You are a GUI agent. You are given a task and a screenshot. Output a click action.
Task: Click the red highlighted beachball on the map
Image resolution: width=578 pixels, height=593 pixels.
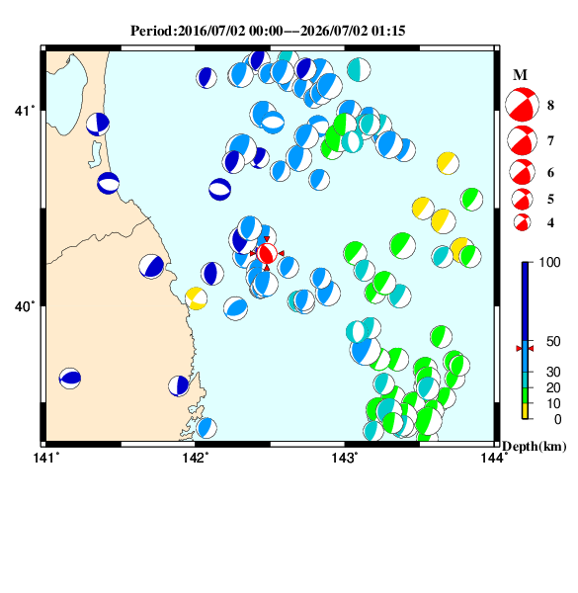pos(267,253)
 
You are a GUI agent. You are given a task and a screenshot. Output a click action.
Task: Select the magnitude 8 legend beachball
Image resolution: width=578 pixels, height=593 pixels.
pos(522,105)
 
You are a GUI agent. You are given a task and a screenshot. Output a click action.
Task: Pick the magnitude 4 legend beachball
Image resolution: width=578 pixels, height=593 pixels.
pos(522,222)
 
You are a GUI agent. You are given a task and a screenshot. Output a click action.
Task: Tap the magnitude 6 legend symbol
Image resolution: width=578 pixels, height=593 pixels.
pos(522,172)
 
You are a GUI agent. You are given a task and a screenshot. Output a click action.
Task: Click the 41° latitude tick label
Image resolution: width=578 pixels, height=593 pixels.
pos(25,111)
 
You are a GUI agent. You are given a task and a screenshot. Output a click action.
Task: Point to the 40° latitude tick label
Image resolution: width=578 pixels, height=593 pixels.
pos(25,306)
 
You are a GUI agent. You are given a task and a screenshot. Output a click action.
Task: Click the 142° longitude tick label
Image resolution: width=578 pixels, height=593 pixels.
pos(196,458)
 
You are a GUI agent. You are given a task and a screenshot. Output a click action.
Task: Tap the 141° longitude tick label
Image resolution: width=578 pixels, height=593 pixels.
pos(46,458)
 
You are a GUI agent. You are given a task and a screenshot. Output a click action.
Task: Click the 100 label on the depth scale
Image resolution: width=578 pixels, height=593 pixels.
pos(549,262)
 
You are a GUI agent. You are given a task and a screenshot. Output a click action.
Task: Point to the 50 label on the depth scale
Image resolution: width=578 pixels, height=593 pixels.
pos(553,341)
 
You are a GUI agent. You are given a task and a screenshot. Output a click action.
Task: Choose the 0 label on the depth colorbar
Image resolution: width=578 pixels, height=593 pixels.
pos(557,419)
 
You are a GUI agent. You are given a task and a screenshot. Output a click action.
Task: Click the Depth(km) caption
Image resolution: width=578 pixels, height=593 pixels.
pos(535,447)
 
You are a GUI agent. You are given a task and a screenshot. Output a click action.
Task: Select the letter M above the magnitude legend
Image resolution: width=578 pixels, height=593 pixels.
pos(520,75)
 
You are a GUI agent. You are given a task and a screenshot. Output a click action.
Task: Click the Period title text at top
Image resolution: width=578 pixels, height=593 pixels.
pos(268,31)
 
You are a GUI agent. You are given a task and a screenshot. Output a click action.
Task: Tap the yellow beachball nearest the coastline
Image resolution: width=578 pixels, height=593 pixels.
pos(197,298)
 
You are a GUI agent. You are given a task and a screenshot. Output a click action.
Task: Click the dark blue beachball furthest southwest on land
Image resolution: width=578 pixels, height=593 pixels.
pos(70,379)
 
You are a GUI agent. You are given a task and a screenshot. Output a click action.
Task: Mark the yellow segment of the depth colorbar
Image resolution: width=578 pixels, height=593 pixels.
pos(525,411)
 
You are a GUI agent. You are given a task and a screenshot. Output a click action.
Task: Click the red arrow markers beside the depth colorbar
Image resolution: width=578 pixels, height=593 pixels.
pos(525,348)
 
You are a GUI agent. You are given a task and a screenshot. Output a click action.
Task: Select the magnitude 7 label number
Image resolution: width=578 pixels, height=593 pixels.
pos(550,141)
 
